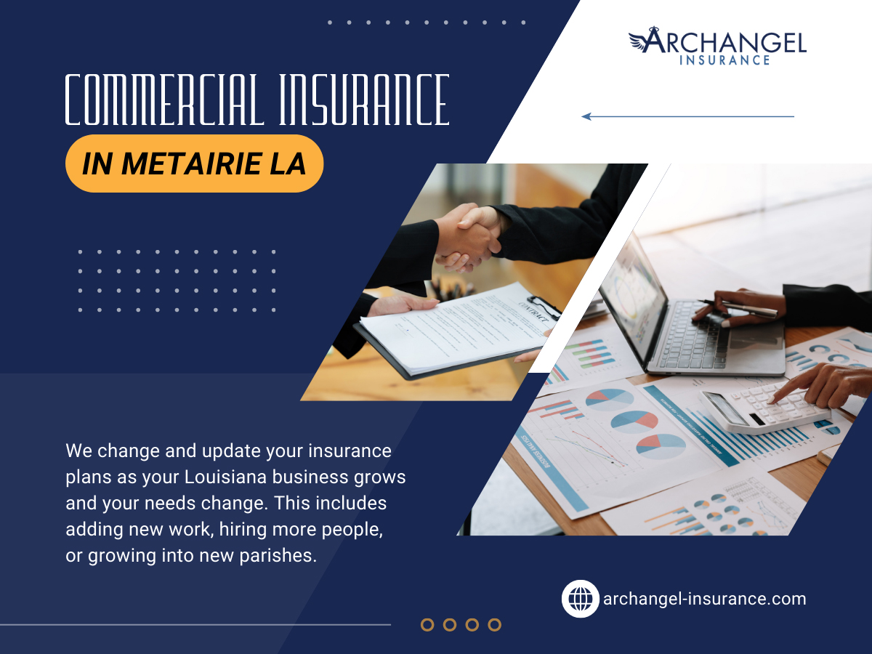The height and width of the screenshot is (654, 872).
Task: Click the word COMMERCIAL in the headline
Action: click(x=164, y=100)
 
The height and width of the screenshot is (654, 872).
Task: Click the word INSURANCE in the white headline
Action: click(x=364, y=100)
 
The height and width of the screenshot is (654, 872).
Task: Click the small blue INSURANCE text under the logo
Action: click(x=724, y=60)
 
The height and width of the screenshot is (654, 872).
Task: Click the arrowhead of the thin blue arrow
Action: click(x=586, y=116)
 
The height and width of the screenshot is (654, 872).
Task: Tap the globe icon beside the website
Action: click(x=581, y=599)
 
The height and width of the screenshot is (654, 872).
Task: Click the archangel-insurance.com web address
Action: click(x=705, y=599)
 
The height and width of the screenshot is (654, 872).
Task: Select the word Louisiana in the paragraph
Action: click(x=225, y=477)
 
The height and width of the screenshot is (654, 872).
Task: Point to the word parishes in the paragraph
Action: click(x=278, y=555)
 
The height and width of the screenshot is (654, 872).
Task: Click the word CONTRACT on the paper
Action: click(x=533, y=311)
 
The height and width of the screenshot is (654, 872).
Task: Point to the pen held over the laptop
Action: click(x=738, y=307)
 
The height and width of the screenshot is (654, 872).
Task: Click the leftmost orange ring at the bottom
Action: click(x=427, y=625)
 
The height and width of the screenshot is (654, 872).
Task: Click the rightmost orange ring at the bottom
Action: click(x=495, y=625)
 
